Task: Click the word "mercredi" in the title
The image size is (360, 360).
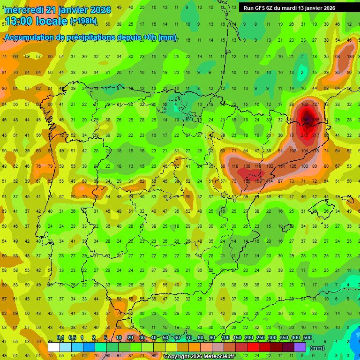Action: (24, 10)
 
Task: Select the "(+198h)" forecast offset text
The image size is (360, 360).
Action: (83, 21)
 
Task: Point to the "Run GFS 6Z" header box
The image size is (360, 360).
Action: (289, 8)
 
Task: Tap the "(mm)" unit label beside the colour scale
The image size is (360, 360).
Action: (317, 348)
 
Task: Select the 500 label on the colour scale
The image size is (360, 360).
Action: (307, 338)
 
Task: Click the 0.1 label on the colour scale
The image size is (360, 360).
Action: (60, 338)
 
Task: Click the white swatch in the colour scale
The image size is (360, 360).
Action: (54, 347)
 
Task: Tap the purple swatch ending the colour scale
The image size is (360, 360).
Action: (300, 347)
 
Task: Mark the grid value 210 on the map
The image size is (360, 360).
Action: (305, 135)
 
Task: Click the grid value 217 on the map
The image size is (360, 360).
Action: (316, 135)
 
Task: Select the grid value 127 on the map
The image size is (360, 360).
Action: (316, 105)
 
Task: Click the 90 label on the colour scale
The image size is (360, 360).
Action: (212, 338)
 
